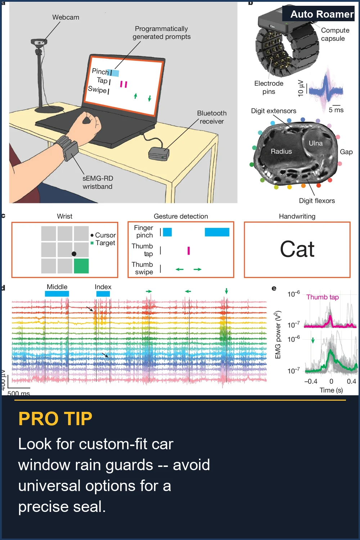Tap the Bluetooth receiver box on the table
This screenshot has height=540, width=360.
(x=159, y=154)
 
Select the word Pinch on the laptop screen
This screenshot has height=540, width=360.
(x=100, y=71)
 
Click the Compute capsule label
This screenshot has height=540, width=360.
(x=335, y=34)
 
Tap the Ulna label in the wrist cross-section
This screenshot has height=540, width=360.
(x=315, y=143)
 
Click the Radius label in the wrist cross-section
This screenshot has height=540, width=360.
(x=281, y=152)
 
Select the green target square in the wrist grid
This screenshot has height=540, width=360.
(x=81, y=266)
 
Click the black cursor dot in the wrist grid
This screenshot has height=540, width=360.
(x=74, y=253)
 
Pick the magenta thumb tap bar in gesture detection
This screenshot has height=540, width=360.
(x=189, y=251)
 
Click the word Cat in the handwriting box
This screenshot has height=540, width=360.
(x=297, y=249)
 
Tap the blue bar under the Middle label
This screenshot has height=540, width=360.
(x=57, y=294)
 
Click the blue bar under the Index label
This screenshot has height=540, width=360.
(x=103, y=294)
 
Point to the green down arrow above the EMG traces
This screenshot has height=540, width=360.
(x=226, y=291)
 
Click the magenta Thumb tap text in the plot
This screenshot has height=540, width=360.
(x=323, y=297)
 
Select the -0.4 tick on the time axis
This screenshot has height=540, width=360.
(x=311, y=381)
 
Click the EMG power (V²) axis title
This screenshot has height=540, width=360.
(x=278, y=335)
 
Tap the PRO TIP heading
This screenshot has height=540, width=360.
(x=55, y=419)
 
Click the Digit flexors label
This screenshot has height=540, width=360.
(x=317, y=201)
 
